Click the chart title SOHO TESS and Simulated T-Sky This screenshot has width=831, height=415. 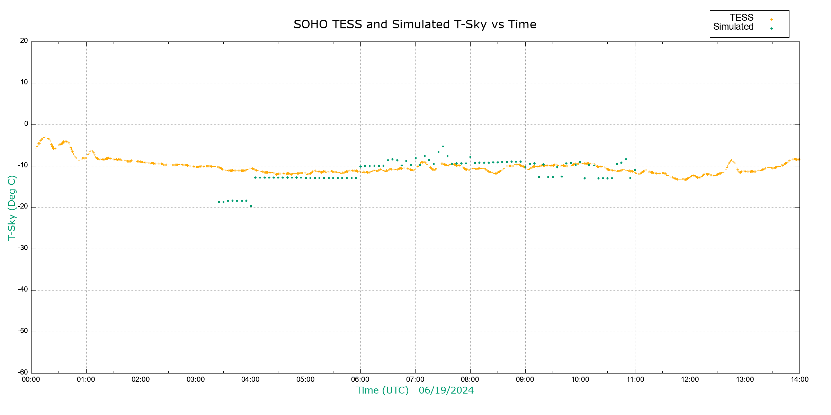[415, 25]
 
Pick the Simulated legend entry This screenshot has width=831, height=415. [733, 27]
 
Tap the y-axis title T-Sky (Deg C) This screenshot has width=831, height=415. [12, 207]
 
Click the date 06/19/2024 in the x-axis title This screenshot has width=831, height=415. [446, 390]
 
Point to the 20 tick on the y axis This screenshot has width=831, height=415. [24, 41]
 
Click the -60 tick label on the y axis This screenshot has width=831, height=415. [23, 372]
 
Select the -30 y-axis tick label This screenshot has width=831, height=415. [23, 248]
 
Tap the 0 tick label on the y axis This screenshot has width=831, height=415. [26, 124]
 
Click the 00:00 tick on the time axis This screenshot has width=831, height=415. [31, 380]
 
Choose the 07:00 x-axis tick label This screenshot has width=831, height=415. [415, 380]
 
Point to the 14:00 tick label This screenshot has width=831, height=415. [799, 380]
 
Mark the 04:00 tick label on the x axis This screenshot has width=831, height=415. [250, 380]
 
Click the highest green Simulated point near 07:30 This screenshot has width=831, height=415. [443, 147]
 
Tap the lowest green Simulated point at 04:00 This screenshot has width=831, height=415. [251, 206]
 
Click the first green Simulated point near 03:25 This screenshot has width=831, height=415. [219, 202]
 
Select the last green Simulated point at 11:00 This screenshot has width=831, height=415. [635, 170]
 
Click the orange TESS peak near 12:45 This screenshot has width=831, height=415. [732, 160]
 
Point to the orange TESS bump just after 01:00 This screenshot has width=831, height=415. [91, 150]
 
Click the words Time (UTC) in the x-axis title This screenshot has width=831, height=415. [383, 390]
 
